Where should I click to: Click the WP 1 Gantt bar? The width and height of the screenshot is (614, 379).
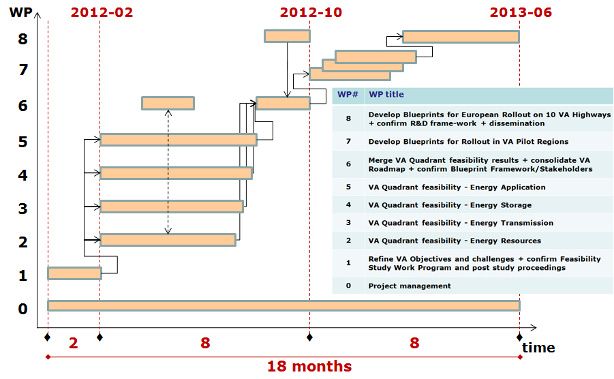pos(74,273)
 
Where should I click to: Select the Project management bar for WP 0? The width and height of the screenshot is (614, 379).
pos(284,305)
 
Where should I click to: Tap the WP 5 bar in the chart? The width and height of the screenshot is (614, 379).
pos(179,140)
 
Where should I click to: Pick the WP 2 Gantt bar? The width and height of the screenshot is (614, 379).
pos(168,240)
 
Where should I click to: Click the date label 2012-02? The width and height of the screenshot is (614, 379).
pos(102,12)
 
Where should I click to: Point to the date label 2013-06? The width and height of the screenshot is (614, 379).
pos(521,12)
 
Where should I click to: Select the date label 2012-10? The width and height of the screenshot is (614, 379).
pos(311,12)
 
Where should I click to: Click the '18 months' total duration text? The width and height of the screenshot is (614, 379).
pos(309,367)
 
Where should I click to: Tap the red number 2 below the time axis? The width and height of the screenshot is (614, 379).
pos(73,343)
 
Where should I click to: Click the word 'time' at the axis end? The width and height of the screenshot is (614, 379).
pos(538,347)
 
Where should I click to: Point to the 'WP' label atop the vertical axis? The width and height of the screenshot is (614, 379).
pos(20,12)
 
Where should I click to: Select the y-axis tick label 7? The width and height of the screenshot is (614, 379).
pos(23,70)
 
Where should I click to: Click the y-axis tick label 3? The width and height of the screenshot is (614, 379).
pos(23,209)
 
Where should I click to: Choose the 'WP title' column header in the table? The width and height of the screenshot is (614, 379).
pos(386,94)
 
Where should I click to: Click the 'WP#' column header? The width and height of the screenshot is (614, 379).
pos(348,94)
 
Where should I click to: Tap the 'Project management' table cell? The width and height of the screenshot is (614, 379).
pos(410,286)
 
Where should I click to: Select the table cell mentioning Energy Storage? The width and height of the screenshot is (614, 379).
pos(450,205)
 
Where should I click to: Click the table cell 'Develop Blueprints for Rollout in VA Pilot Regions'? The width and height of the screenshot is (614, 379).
pos(468,142)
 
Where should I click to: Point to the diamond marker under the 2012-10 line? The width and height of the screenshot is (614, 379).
pos(309,337)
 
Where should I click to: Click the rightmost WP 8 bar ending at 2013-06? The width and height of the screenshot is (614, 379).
pos(461,37)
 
